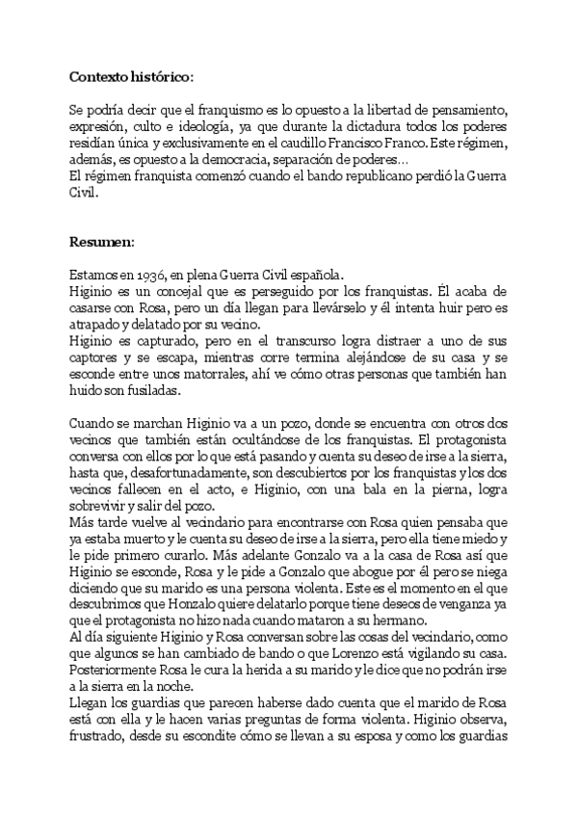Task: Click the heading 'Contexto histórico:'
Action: [x=131, y=75]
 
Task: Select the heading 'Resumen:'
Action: [x=103, y=240]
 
